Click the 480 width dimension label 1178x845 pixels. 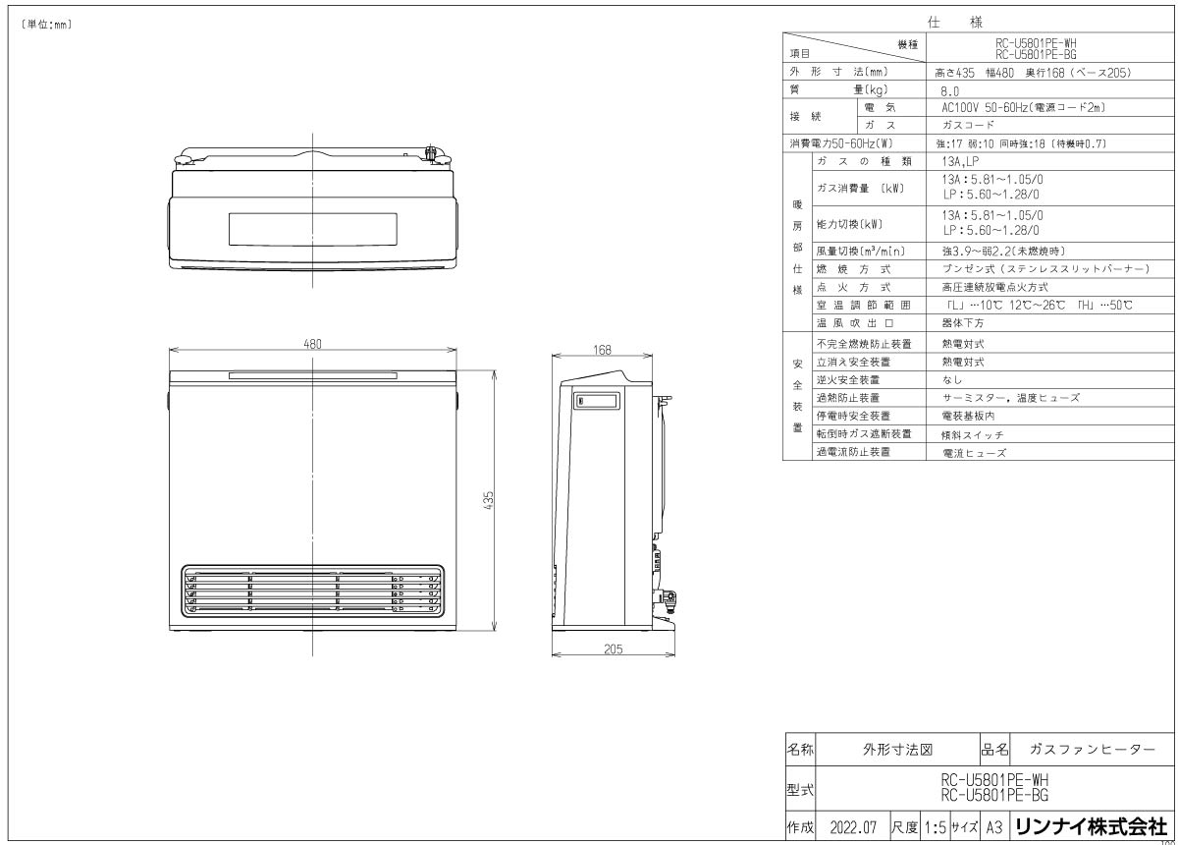[x=312, y=344]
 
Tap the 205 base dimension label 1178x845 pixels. [x=615, y=648]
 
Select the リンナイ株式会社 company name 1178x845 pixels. [x=1091, y=826]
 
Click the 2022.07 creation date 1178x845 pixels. [x=852, y=827]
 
